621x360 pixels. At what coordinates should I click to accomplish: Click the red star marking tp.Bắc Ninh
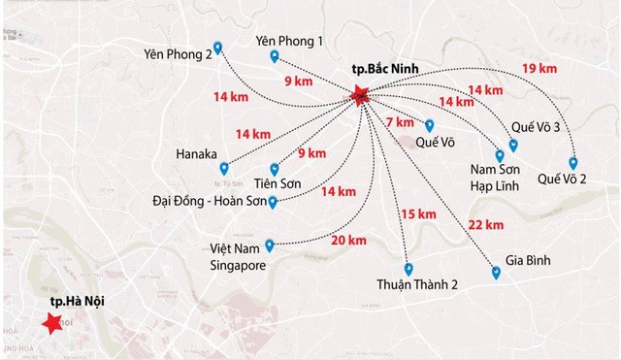click(x=360, y=95)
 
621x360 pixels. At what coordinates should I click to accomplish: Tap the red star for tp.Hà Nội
click(x=49, y=326)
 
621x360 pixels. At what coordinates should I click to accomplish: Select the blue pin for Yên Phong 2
click(x=217, y=48)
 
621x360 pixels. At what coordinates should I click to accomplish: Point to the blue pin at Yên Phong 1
click(x=275, y=57)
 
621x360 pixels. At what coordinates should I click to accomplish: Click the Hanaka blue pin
click(x=224, y=168)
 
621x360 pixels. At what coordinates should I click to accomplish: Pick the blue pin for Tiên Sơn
click(x=275, y=168)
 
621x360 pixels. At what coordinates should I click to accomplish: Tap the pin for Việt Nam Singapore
click(x=270, y=245)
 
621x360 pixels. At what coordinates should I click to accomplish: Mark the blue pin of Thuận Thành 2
click(x=409, y=269)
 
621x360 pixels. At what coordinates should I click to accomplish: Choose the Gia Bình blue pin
click(x=496, y=274)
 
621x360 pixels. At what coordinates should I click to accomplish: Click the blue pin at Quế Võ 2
click(x=573, y=163)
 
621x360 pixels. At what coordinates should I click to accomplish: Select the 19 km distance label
click(x=539, y=68)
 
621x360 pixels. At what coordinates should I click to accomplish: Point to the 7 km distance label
click(x=400, y=122)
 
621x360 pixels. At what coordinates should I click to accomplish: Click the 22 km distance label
click(x=484, y=225)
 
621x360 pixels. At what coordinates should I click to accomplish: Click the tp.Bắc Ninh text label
click(x=388, y=73)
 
